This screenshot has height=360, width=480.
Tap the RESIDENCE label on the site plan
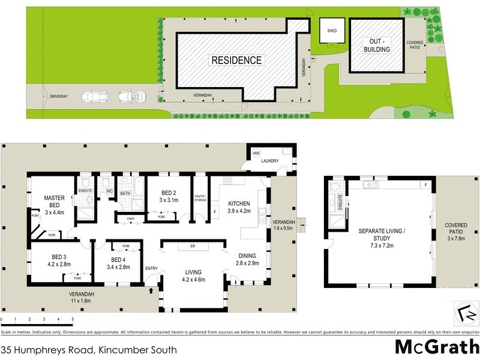(236, 60)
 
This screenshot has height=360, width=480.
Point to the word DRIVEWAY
(59, 96)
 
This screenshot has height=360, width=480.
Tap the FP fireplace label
(193, 246)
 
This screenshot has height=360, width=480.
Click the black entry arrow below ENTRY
(151, 292)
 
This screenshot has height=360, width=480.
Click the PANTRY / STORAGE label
(200, 198)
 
